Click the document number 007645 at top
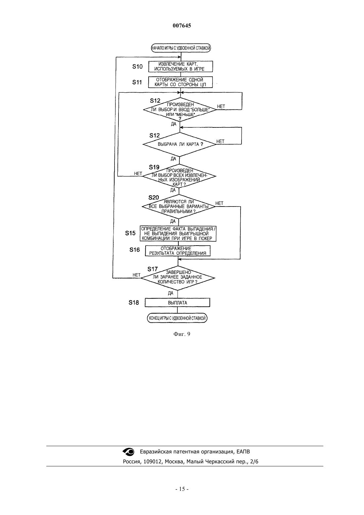click(x=182, y=25)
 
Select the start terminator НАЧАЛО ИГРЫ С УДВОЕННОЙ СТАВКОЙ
click(x=181, y=48)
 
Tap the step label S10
click(x=137, y=67)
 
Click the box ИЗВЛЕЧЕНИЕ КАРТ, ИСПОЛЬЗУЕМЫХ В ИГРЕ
click(x=181, y=67)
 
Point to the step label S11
click(x=137, y=82)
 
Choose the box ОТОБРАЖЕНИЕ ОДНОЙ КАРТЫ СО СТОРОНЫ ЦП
click(x=180, y=82)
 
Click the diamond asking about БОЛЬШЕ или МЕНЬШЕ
click(x=180, y=110)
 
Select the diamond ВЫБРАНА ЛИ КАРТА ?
click(x=179, y=144)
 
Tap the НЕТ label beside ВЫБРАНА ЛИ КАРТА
click(x=220, y=141)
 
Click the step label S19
click(x=154, y=167)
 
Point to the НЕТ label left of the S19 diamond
click(x=138, y=173)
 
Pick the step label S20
click(x=154, y=198)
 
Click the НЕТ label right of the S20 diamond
click(x=219, y=203)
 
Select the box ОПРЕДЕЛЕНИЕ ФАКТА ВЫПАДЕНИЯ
click(x=178, y=234)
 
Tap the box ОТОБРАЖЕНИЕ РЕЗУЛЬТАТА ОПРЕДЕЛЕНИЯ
click(x=178, y=251)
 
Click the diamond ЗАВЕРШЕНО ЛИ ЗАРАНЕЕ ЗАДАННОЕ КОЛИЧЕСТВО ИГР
click(x=178, y=278)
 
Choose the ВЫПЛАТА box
click(x=177, y=303)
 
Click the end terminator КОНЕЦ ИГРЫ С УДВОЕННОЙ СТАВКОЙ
click(x=177, y=318)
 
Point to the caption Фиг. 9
click(x=182, y=334)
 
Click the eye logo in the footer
click(x=128, y=452)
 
